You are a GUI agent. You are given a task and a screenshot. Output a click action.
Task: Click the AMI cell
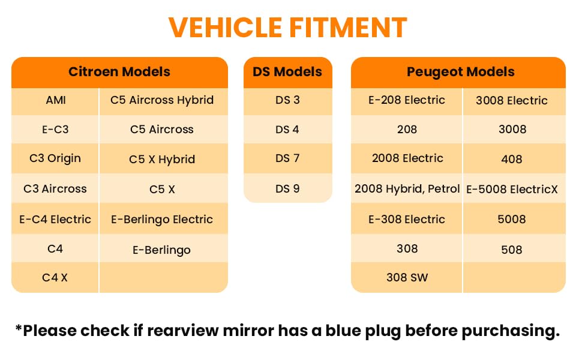point(56,100)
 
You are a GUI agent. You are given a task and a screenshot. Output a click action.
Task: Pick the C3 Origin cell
point(55,158)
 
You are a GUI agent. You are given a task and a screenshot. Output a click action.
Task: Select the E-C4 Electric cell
point(55,220)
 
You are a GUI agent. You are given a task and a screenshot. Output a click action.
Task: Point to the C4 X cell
point(55,278)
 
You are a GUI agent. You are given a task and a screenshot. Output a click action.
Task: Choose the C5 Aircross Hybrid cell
point(162,100)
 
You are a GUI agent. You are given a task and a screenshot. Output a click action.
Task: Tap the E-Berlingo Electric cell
point(162,220)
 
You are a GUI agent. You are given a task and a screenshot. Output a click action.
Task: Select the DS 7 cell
point(287,158)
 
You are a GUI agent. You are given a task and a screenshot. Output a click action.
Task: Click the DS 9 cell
point(287,189)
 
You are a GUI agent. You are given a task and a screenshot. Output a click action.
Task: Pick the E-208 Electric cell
point(407,100)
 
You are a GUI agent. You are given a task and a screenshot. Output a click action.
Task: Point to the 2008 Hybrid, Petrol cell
point(407,189)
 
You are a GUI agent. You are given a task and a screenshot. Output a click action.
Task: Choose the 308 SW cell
point(407,278)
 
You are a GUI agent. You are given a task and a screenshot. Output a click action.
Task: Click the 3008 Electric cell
point(512,101)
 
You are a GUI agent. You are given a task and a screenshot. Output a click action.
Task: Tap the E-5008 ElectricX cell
point(512,189)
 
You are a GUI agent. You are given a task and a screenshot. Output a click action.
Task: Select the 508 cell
point(512,250)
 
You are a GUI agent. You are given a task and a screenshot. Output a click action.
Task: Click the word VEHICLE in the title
point(226,28)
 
